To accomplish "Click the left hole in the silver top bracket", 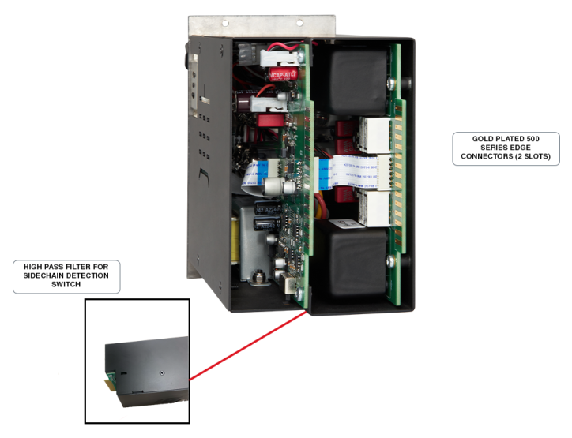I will (224, 23).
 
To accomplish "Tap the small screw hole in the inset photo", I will (160, 371).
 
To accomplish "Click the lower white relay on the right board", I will (371, 207).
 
